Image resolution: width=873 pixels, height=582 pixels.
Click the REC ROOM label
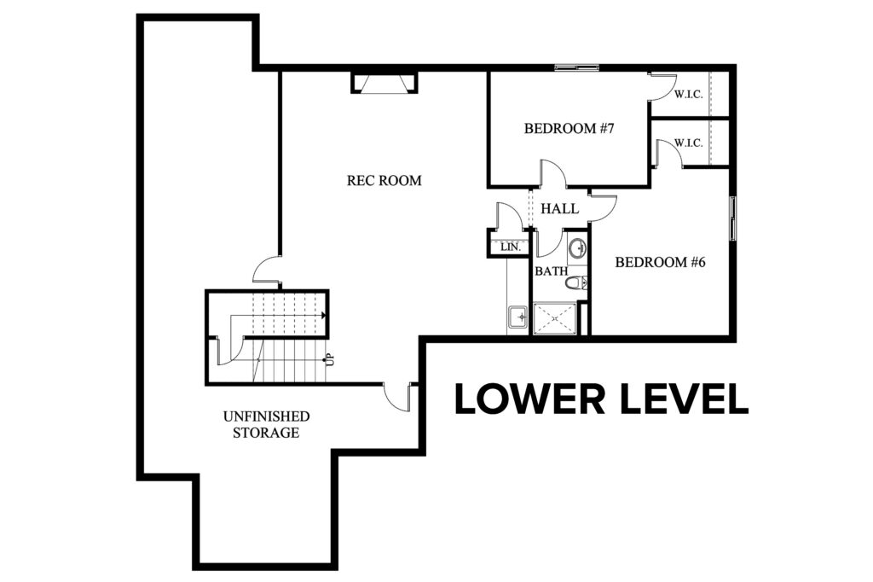(384, 181)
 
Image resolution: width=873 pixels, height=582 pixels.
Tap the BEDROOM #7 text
(569, 129)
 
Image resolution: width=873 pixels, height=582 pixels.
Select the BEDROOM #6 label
(661, 262)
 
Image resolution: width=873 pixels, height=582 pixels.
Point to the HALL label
(559, 209)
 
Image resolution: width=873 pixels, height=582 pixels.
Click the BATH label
(552, 271)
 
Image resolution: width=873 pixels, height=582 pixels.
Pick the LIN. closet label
(511, 247)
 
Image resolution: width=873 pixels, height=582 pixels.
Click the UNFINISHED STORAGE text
(266, 424)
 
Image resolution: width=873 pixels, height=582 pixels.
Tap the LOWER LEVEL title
(601, 399)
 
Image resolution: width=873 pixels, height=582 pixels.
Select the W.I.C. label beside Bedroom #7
(689, 94)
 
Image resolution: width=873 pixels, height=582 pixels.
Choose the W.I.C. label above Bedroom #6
(689, 143)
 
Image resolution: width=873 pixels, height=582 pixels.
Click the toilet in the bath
(576, 282)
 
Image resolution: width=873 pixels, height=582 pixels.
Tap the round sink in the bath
(578, 247)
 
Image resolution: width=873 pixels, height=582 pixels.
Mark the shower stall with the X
(555, 319)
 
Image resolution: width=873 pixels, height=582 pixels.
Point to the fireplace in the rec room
(384, 82)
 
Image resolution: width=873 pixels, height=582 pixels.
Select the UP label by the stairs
(330, 359)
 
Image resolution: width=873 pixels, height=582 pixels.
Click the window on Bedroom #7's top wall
(577, 68)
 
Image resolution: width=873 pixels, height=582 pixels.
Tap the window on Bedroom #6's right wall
(733, 218)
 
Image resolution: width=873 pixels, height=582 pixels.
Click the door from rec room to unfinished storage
(398, 396)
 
